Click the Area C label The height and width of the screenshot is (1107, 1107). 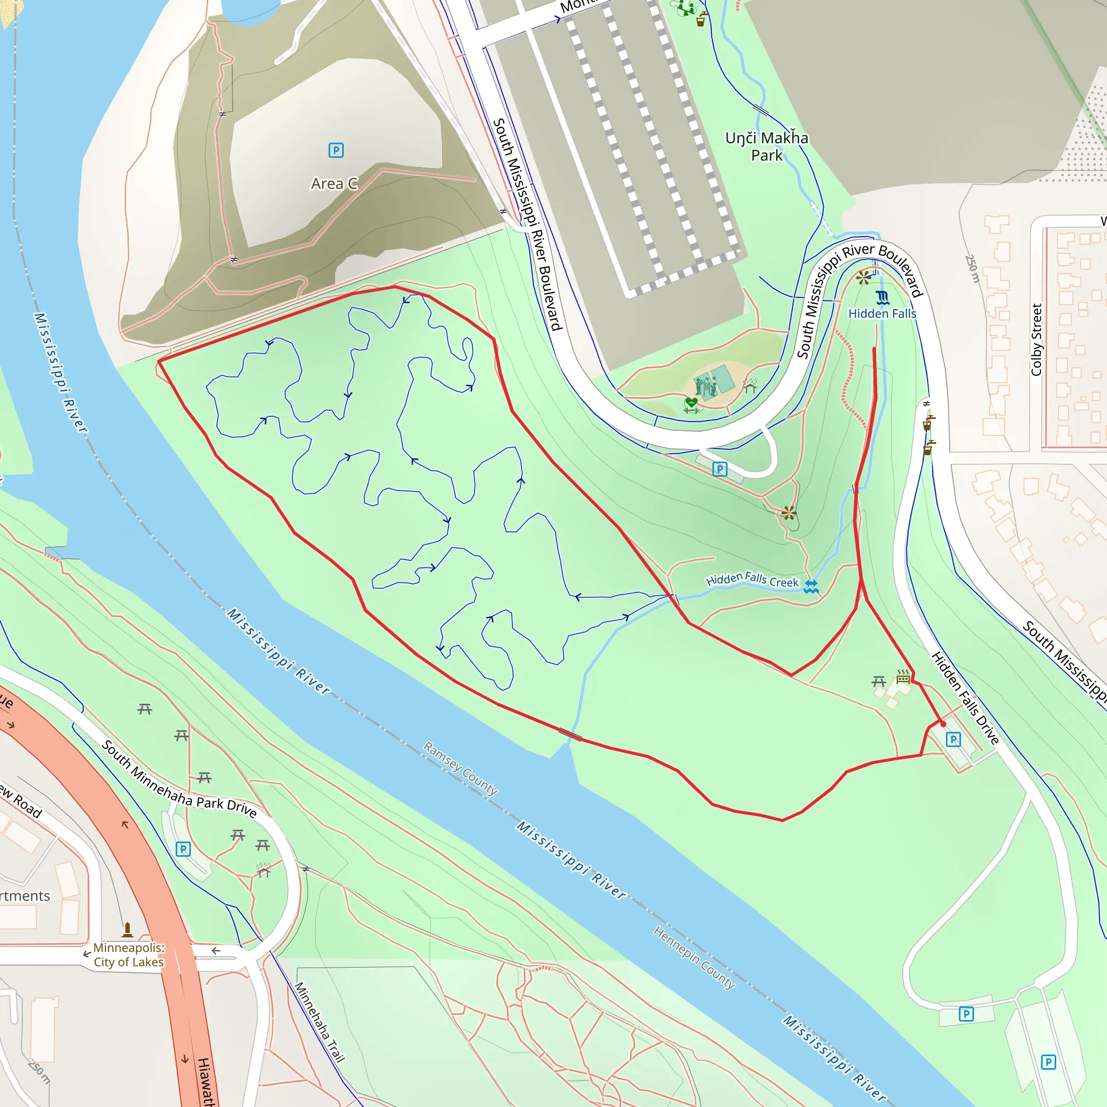pos(334,184)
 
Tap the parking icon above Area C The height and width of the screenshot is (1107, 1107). pos(336,150)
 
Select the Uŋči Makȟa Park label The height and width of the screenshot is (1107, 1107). pos(766,146)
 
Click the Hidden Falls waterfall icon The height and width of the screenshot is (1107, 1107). pos(882,297)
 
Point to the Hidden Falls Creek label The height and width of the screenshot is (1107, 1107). pos(752,580)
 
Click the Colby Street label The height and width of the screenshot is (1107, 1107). pos(1036,340)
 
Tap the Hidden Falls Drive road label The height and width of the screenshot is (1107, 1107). pos(965,697)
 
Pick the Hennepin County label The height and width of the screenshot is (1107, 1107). pos(694,957)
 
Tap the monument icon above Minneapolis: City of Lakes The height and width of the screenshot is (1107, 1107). pos(127,929)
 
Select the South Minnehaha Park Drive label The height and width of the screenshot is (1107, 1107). pos(179,779)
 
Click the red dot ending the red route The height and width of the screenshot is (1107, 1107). pos(943,724)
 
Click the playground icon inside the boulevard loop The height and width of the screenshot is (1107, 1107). pos(706,386)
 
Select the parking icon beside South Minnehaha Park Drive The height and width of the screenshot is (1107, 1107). pos(183,849)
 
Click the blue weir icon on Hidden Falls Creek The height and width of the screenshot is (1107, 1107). pos(811,585)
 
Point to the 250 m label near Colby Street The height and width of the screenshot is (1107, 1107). pos(972,268)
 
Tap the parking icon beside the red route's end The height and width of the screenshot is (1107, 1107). pos(953,739)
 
